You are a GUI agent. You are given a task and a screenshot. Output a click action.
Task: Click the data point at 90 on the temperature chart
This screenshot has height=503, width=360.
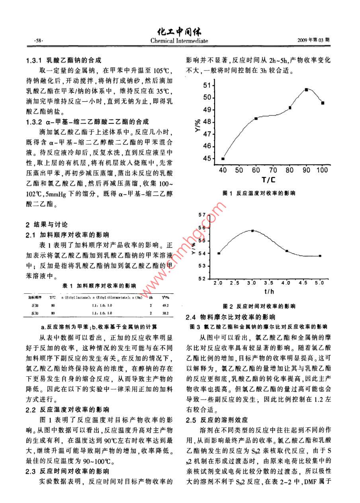point(306,89)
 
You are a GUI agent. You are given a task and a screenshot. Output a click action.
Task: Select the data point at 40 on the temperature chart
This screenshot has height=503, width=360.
point(223,159)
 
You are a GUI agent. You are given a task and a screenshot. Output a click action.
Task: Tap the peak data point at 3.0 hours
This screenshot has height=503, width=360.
point(252,230)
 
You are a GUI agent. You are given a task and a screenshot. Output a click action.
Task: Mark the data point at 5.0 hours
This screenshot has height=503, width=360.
point(320,256)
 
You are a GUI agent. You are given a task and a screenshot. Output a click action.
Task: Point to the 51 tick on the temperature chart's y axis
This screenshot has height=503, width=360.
point(207,85)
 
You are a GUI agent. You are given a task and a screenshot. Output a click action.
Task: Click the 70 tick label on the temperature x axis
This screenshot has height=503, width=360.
point(273,170)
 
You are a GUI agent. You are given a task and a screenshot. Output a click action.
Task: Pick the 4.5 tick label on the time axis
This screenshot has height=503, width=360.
point(303,283)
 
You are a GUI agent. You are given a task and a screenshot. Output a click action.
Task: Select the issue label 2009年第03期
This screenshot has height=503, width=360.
point(313,40)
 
